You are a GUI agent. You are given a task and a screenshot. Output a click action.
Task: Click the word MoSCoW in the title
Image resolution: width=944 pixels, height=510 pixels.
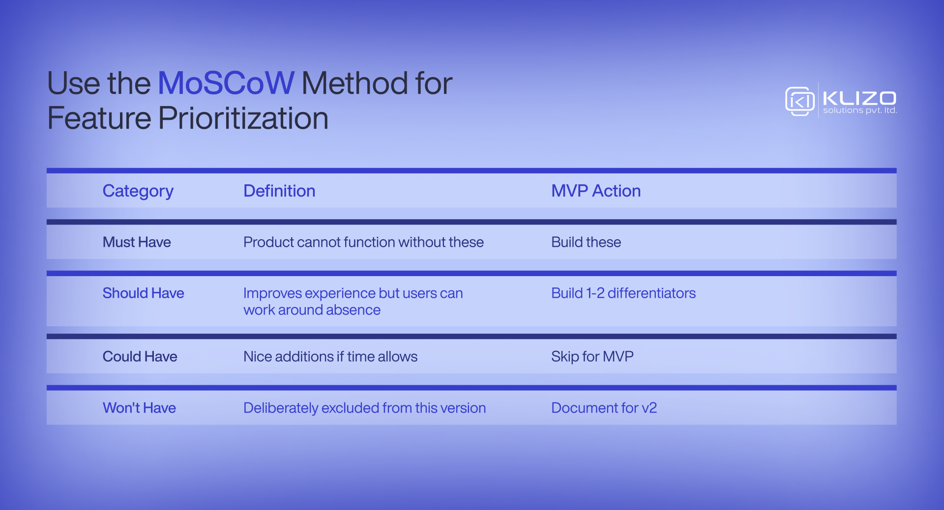pyautogui.click(x=226, y=83)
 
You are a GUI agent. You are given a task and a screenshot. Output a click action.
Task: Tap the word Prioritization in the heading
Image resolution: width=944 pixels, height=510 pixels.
pyautogui.click(x=243, y=118)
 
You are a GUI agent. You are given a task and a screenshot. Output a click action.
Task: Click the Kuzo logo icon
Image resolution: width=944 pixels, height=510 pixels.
pyautogui.click(x=799, y=101)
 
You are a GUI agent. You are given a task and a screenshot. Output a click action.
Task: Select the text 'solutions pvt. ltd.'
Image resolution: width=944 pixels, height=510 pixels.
pyautogui.click(x=859, y=111)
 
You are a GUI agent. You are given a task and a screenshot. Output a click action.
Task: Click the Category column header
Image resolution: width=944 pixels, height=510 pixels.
pyautogui.click(x=138, y=191)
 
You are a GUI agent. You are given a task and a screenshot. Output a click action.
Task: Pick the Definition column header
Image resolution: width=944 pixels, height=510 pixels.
pyautogui.click(x=279, y=191)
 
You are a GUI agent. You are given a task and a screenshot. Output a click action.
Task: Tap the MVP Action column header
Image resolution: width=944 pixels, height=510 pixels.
pyautogui.click(x=595, y=191)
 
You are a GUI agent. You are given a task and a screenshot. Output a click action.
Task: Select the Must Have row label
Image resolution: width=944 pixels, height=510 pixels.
pyautogui.click(x=137, y=242)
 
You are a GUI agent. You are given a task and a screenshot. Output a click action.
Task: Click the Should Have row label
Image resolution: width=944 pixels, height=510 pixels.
pyautogui.click(x=143, y=293)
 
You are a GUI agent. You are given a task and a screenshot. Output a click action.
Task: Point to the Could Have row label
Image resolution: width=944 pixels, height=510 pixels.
pyautogui.click(x=140, y=357)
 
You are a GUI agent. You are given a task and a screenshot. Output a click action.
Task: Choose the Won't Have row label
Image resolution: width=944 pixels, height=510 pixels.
pyautogui.click(x=139, y=408)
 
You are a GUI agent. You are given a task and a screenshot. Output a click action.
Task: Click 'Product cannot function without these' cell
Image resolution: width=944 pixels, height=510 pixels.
pyautogui.click(x=363, y=242)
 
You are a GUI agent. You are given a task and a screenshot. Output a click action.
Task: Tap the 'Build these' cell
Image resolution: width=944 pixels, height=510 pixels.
pyautogui.click(x=586, y=242)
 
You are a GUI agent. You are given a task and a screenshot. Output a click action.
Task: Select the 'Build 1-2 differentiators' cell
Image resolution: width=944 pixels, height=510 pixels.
pyautogui.click(x=623, y=293)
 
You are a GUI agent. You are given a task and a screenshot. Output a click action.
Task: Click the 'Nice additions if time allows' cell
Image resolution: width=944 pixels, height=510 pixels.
pyautogui.click(x=330, y=357)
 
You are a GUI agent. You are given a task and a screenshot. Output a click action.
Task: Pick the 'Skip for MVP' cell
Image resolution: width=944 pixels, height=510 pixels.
pyautogui.click(x=592, y=357)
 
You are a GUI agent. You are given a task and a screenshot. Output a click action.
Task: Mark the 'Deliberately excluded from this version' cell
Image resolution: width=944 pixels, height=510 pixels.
pyautogui.click(x=364, y=408)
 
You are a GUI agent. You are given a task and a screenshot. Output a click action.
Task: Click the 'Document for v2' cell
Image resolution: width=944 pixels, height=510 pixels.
pyautogui.click(x=604, y=408)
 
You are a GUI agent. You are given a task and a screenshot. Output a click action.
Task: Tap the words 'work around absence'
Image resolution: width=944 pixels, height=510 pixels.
pyautogui.click(x=312, y=310)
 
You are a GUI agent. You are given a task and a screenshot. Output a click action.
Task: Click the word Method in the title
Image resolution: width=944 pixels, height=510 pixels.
pyautogui.click(x=354, y=83)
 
